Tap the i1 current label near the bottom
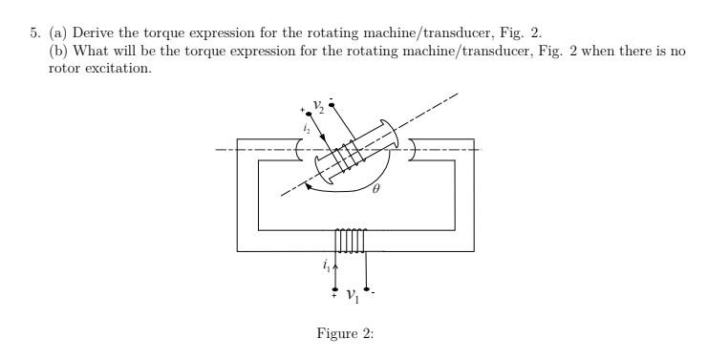pos(327,264)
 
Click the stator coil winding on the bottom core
pos(350,241)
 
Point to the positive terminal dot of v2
pos(308,112)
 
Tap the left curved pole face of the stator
pos(299,151)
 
